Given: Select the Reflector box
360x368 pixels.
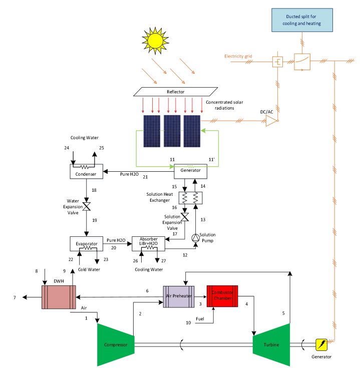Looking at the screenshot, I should (x=176, y=92).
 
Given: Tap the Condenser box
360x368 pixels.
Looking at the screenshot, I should (x=86, y=171).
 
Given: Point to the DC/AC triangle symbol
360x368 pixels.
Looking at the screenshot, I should (x=270, y=121).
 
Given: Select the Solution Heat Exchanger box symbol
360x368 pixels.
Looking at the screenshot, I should (x=191, y=197).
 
